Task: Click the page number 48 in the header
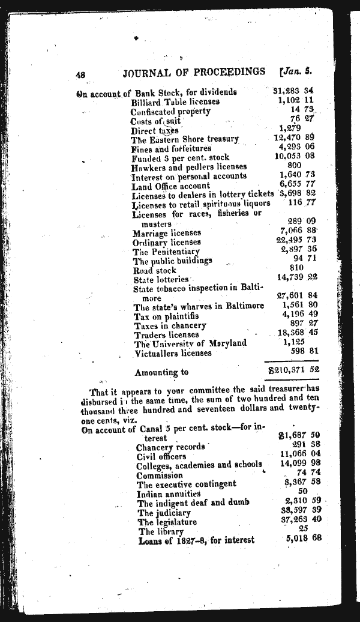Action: pyautogui.click(x=82, y=74)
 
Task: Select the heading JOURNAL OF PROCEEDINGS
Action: pyautogui.click(x=193, y=72)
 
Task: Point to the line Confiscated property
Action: pyautogui.click(x=170, y=111)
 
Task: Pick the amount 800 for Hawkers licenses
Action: pyautogui.click(x=294, y=166)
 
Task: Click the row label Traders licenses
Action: pyautogui.click(x=166, y=334)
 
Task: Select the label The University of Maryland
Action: pyautogui.click(x=190, y=343)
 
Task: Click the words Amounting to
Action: pyautogui.click(x=161, y=373)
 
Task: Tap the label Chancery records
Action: pyautogui.click(x=171, y=447)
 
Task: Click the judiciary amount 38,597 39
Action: pyautogui.click(x=301, y=512)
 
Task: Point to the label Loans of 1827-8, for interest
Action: pyautogui.click(x=196, y=540)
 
